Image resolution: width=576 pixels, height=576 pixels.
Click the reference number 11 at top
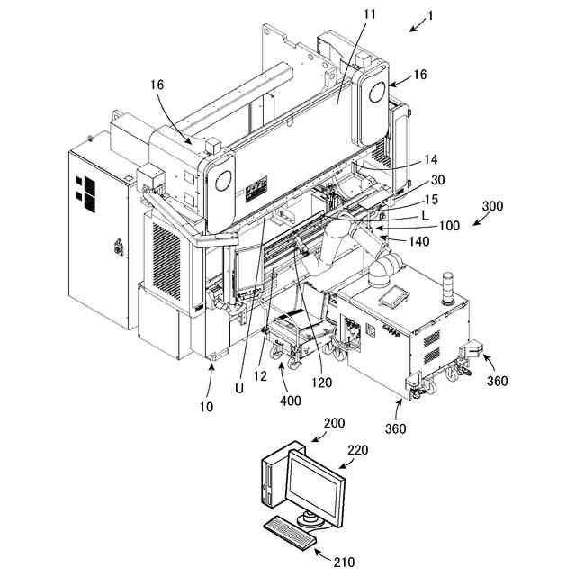coord(345,14)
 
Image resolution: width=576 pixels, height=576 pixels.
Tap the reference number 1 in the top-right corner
coord(431,14)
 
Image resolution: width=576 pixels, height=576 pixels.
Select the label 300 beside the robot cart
coord(493,206)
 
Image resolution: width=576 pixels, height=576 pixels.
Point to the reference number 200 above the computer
coord(335,422)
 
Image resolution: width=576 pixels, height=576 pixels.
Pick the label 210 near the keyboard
coord(344,562)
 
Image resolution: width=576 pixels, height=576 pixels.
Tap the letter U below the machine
coord(239,388)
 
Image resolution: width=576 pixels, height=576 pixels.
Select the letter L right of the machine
coord(425,216)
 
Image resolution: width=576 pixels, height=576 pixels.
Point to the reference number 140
coord(419,241)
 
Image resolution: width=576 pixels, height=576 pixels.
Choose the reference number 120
coord(322,382)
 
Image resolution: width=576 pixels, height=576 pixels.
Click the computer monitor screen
coord(314,486)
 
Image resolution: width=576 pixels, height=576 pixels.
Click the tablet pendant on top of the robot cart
coord(392,296)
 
